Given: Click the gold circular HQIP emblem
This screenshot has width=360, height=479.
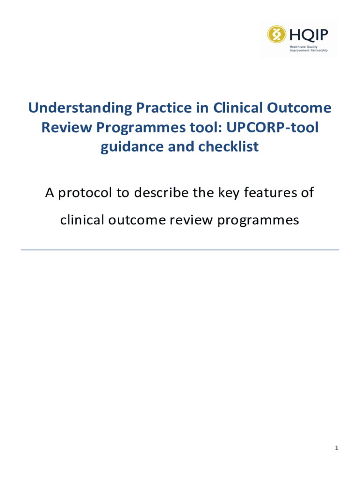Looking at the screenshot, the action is point(277,34).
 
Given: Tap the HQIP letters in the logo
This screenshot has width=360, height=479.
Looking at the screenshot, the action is point(309,35).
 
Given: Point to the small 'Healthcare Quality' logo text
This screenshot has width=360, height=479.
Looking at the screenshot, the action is point(303,47).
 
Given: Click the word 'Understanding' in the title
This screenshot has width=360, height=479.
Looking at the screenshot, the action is point(80,109).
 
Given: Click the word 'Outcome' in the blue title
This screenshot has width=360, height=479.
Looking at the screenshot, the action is point(299,108).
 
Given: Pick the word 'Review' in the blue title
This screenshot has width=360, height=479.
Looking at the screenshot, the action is point(66,127).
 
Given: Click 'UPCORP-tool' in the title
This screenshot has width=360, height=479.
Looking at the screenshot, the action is point(273,127).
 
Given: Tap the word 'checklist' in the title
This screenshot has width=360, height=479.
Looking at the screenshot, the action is point(229,146).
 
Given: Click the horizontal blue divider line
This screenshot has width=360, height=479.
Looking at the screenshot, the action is point(180,250).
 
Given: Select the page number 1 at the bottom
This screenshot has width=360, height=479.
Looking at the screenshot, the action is point(337,448).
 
